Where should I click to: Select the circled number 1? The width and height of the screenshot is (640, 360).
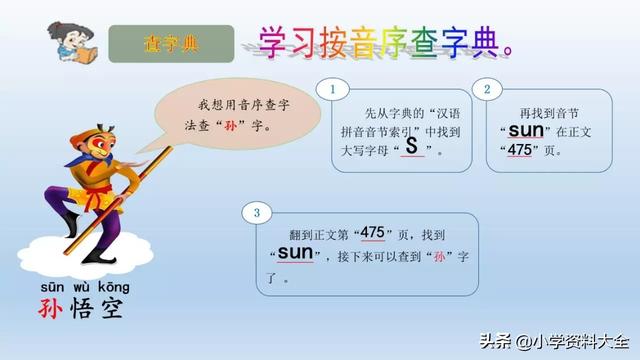pyautogui.click(x=331, y=89)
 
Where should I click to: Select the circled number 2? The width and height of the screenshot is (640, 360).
pyautogui.click(x=486, y=89)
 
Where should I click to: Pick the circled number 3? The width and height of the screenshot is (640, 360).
pyautogui.click(x=257, y=212)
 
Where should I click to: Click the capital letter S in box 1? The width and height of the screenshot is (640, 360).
pyautogui.click(x=411, y=145)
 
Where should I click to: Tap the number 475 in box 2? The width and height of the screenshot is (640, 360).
pyautogui.click(x=519, y=150)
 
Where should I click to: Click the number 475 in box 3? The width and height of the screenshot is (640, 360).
pyautogui.click(x=372, y=232)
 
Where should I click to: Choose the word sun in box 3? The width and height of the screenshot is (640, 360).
pyautogui.click(x=295, y=252)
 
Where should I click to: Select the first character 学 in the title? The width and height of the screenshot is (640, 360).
pyautogui.click(x=273, y=40)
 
